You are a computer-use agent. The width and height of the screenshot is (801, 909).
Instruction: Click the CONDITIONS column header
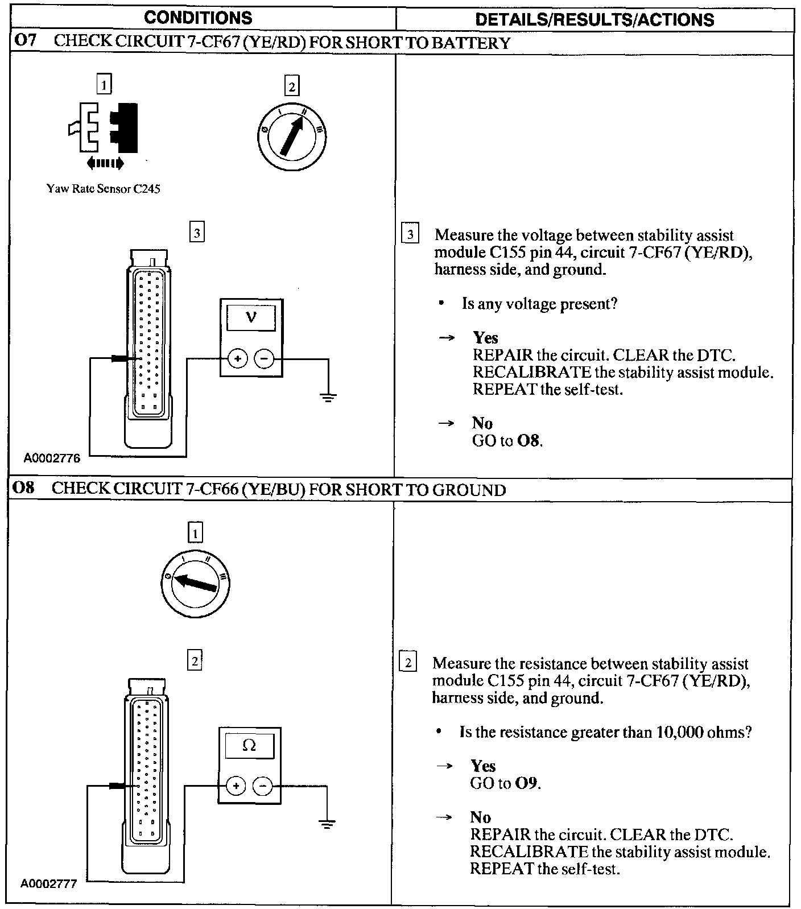point(198,18)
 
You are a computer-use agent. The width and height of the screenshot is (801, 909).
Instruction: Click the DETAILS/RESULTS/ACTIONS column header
point(594,20)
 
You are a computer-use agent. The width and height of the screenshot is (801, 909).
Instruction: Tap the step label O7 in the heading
point(26,43)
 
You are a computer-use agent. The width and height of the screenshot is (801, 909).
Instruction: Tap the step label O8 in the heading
point(24,490)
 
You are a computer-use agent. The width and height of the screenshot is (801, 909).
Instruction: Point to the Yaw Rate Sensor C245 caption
point(103,189)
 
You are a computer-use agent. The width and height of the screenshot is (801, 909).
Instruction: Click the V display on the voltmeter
point(251,317)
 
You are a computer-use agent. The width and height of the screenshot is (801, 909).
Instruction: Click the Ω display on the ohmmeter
point(249,745)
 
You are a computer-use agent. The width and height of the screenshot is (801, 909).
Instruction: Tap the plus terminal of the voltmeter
point(238,359)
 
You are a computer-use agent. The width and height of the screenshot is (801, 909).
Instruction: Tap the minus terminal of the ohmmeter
point(262,787)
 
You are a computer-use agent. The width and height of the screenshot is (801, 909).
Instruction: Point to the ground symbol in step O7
point(328,396)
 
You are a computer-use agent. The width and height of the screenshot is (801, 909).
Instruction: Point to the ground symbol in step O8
point(327,824)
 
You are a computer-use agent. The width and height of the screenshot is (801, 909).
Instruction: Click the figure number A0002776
point(52,458)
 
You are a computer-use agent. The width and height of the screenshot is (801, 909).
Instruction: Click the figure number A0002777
point(49,885)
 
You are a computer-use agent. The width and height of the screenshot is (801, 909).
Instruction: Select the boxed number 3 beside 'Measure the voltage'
point(410,234)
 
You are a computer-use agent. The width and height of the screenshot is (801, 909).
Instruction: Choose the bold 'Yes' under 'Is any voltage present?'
point(485,338)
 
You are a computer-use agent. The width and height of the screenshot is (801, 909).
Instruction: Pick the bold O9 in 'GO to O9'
point(527,783)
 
